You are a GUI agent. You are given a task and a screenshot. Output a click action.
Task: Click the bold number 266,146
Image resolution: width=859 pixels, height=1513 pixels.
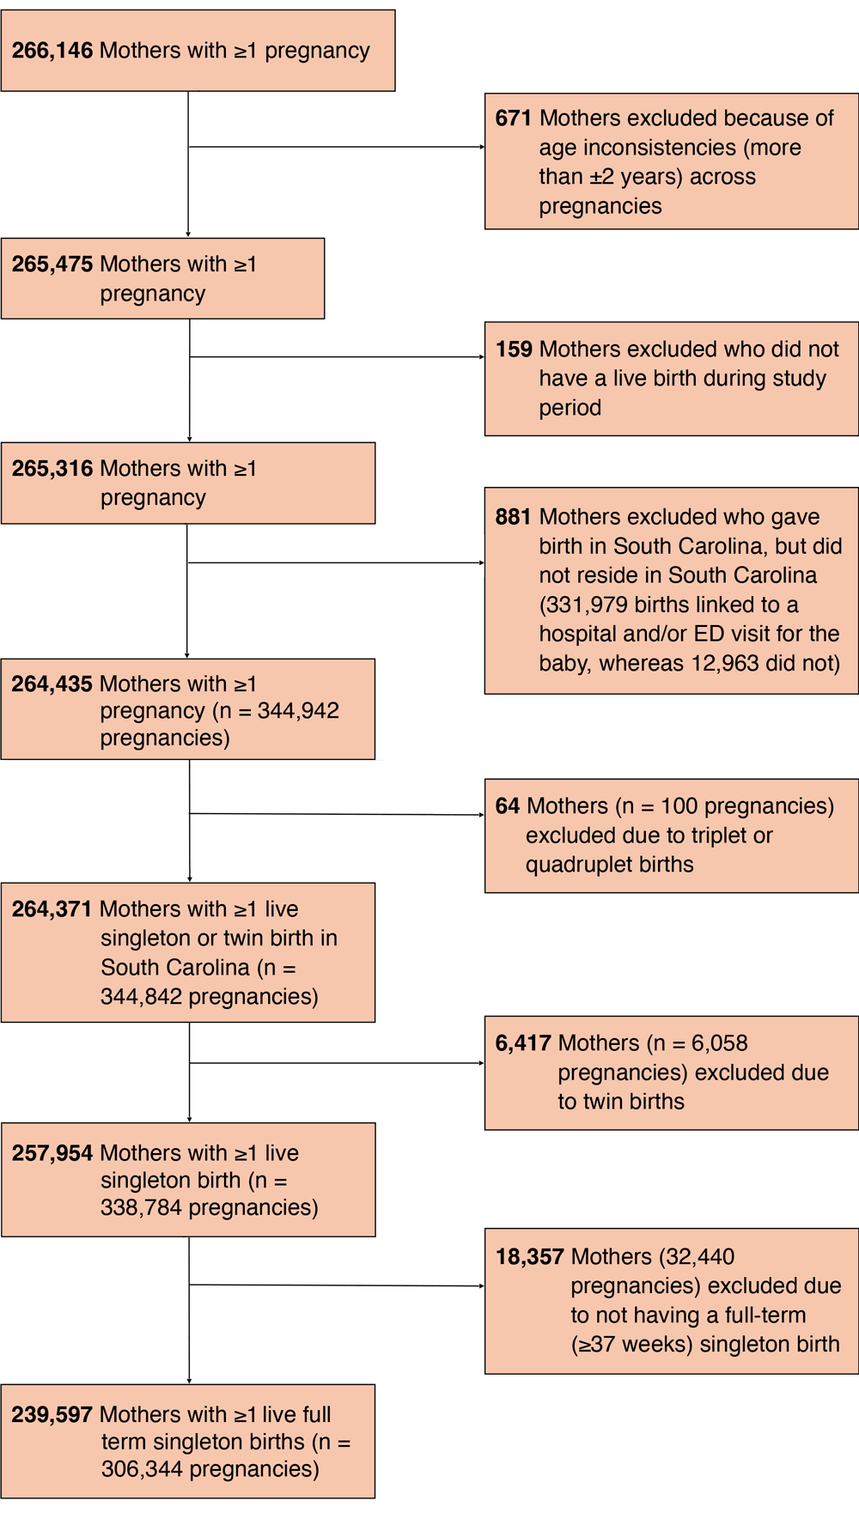pos(52,51)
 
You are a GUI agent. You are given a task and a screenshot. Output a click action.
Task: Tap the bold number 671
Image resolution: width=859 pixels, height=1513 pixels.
pos(513,118)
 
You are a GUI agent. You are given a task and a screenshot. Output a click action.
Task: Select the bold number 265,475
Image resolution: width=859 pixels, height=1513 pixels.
pos(52,264)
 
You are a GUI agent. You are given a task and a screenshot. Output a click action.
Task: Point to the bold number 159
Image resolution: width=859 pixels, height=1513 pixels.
pos(514,349)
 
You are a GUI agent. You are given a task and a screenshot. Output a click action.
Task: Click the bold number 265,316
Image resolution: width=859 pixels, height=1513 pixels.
pos(52,469)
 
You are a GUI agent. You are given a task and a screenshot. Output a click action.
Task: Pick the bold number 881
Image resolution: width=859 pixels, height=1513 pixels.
pos(513,517)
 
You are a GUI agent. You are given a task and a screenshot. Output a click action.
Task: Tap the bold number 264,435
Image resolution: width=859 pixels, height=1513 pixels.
pos(52,684)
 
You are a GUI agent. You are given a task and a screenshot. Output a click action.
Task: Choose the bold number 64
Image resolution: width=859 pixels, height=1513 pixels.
pos(507,806)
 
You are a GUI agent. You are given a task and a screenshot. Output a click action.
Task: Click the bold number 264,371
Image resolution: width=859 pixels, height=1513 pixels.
pos(52,909)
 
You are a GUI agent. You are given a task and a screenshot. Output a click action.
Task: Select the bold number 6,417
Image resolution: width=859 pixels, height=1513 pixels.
pos(523,1043)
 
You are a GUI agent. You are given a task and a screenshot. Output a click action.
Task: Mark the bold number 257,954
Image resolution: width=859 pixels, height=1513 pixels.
pos(52,1153)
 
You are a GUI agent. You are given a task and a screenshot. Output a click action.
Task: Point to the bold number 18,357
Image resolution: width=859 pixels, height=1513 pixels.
pos(529,1257)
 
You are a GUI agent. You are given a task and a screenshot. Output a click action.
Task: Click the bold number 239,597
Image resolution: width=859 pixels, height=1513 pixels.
pos(52,1414)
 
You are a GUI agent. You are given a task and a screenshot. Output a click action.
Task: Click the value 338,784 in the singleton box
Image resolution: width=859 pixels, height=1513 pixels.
pos(141,1208)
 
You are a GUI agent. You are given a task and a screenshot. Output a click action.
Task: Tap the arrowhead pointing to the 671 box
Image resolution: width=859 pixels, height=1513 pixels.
pos(482,147)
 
